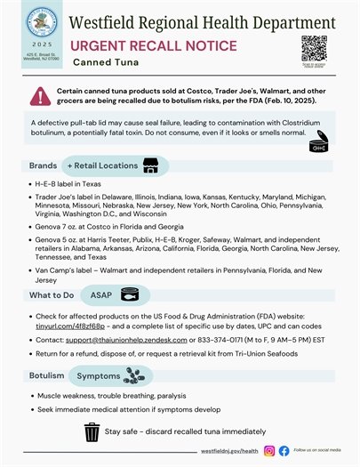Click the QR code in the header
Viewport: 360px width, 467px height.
(314, 46)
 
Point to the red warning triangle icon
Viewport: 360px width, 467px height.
(39, 95)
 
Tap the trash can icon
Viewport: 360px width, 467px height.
(91, 432)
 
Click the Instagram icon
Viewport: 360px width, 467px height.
(270, 452)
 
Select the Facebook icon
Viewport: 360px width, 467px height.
(284, 452)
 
